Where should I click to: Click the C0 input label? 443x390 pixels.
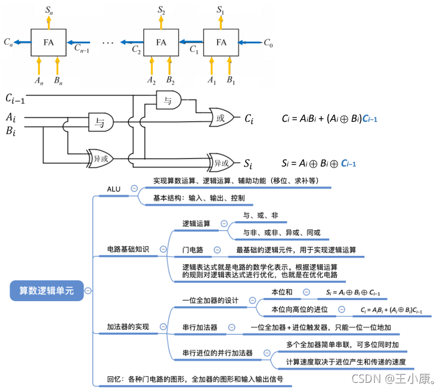click(268, 44)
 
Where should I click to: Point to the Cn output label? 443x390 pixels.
click(8, 42)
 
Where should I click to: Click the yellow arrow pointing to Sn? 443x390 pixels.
click(49, 22)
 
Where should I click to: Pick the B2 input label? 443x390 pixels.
click(171, 81)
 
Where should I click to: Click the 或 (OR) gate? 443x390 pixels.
click(222, 117)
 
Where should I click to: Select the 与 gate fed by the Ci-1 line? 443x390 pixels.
click(169, 100)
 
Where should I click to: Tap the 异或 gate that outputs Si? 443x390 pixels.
click(221, 163)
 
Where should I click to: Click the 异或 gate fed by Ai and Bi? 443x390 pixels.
click(100, 159)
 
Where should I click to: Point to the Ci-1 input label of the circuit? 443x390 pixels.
click(16, 98)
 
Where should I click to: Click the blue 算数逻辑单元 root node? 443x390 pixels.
click(47, 290)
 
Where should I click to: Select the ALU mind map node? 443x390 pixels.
click(113, 189)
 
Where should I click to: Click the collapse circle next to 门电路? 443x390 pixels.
click(217, 250)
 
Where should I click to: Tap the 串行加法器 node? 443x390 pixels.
click(200, 327)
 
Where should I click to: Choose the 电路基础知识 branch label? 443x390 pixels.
click(128, 249)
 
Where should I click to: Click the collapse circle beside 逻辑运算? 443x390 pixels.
click(224, 224)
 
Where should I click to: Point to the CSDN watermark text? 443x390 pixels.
click(394, 379)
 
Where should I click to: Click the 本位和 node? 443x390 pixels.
click(281, 292)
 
